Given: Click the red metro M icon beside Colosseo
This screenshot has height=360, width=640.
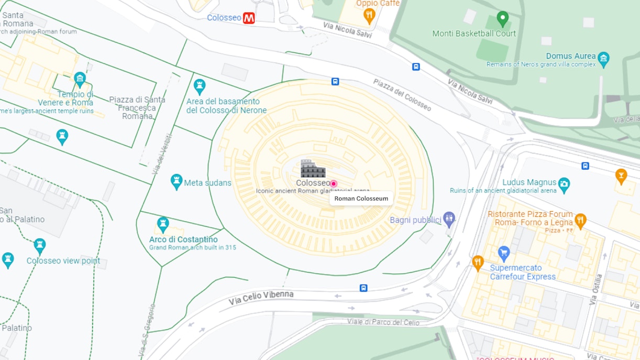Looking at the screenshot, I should (x=249, y=18).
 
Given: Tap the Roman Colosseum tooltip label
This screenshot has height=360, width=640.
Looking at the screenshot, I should (x=361, y=199).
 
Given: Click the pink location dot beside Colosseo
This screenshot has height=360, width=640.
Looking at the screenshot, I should (x=334, y=183).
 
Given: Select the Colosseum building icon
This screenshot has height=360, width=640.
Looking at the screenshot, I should (x=313, y=169).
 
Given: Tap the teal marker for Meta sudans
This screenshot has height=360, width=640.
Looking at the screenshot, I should (x=176, y=181).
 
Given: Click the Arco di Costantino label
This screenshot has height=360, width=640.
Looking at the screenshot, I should (x=183, y=239).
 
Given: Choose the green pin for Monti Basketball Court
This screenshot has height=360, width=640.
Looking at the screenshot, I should (x=503, y=18).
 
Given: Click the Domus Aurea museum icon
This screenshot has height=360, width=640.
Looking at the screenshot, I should (x=603, y=57).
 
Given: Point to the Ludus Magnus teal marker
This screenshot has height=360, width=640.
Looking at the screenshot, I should (x=564, y=183).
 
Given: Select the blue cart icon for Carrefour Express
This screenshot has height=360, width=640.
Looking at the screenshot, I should (x=504, y=253).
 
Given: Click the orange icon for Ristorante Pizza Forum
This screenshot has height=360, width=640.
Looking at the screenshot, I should (x=580, y=219).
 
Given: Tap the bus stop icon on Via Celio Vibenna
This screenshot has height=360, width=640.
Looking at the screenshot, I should (x=363, y=288).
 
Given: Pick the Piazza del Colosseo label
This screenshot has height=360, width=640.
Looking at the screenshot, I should (x=403, y=95).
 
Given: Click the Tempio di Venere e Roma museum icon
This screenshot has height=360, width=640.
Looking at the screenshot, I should (x=80, y=79).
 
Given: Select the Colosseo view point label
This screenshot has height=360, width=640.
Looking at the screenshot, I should (x=63, y=261).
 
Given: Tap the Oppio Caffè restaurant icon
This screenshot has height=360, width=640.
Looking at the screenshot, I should (x=369, y=15).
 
